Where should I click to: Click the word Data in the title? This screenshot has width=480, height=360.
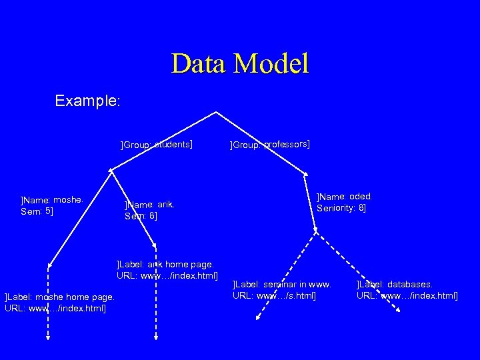[200, 63]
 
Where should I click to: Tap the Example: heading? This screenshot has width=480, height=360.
[87, 101]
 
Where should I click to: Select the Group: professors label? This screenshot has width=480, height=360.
[269, 144]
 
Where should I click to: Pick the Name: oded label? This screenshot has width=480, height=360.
[345, 197]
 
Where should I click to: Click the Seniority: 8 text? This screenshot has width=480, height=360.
[341, 208]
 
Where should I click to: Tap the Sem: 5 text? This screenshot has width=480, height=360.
[37, 211]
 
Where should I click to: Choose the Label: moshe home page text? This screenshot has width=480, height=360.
[59, 297]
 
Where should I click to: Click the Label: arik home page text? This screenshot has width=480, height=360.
[165, 264]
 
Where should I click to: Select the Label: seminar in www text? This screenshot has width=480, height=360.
[281, 284]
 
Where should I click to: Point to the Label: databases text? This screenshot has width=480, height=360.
[395, 284]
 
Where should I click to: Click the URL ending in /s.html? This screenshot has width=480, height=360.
[275, 295]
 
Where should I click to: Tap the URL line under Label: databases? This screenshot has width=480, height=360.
[407, 295]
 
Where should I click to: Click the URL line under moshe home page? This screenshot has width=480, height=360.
[55, 307]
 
